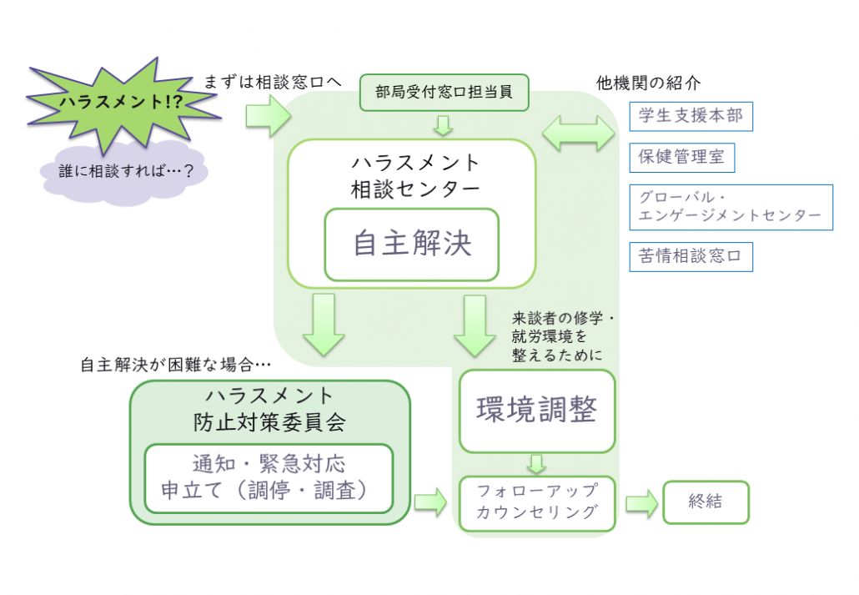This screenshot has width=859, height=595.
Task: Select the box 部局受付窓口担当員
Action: click(445, 93)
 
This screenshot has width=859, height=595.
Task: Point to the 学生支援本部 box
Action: click(691, 115)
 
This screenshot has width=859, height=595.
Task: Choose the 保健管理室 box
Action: click(681, 156)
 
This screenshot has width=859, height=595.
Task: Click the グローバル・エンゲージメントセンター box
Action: click(731, 207)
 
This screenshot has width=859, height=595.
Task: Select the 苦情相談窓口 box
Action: click(691, 256)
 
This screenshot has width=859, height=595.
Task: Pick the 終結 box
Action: click(706, 502)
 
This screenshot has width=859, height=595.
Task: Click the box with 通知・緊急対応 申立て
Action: click(269, 477)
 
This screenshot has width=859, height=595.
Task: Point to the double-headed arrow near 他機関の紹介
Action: click(578, 132)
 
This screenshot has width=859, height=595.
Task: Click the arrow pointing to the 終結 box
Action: click(641, 503)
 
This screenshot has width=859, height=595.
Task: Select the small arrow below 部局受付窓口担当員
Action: click(445, 126)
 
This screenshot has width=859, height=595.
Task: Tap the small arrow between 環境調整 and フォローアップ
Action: click(537, 464)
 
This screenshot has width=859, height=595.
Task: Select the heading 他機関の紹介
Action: click(648, 83)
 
